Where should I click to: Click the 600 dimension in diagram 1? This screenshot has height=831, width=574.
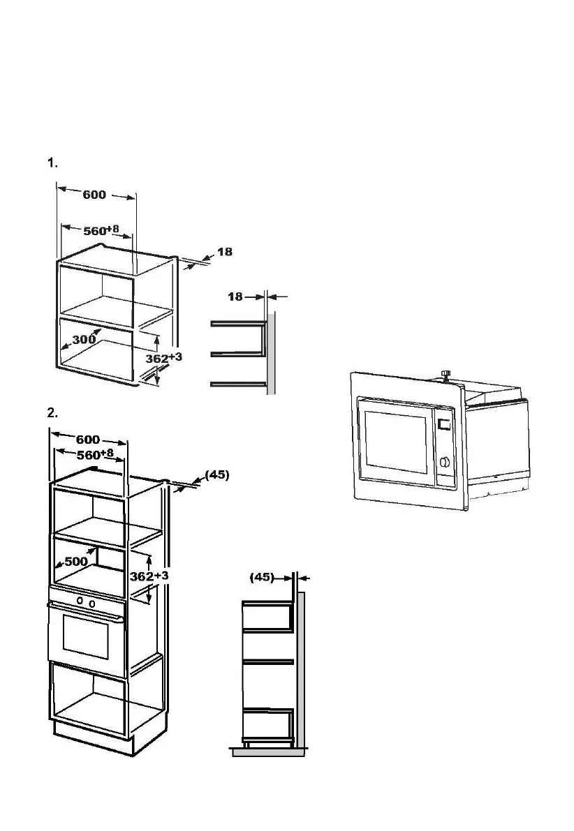(x=94, y=195)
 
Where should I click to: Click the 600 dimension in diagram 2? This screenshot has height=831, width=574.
(x=87, y=440)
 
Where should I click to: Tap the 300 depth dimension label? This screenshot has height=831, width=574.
(x=84, y=340)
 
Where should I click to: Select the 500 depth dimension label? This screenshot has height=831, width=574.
(x=76, y=561)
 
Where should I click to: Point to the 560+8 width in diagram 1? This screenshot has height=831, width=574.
(x=96, y=230)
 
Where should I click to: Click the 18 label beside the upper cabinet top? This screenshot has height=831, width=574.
(x=224, y=252)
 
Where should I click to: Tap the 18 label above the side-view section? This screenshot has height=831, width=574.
(x=235, y=297)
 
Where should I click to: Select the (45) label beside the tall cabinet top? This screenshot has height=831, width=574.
(x=216, y=474)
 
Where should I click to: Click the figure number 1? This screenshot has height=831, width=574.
(x=52, y=163)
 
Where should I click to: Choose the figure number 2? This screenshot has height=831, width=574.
(x=52, y=413)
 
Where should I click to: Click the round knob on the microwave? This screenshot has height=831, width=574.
(x=444, y=461)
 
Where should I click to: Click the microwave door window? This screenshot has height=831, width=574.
(x=395, y=443)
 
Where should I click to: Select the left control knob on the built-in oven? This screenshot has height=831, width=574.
(x=80, y=600)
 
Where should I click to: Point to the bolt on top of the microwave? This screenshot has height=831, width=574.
(x=445, y=375)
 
